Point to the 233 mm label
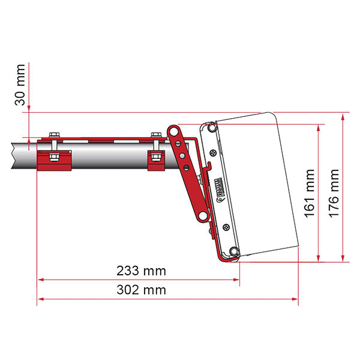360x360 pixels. (x=141, y=271)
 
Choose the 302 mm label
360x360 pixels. (x=141, y=290)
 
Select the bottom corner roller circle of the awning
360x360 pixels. (x=235, y=253)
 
